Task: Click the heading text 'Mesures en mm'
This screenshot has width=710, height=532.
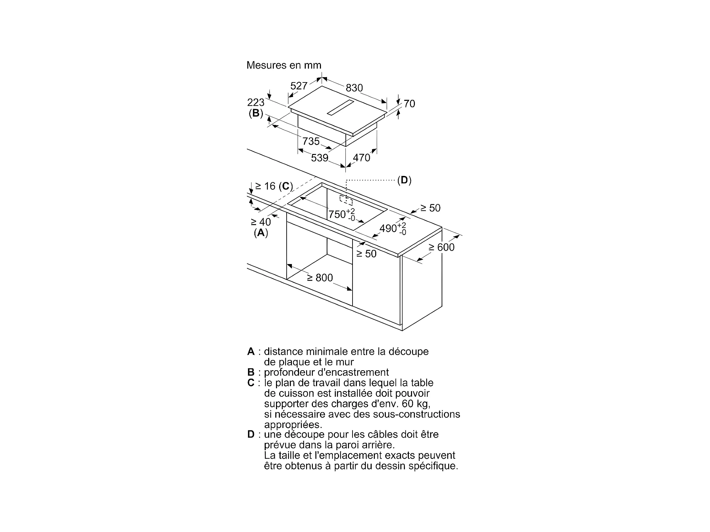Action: tap(284, 65)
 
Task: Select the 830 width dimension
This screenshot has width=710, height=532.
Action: tap(354, 88)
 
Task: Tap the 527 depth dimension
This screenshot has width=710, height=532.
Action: tap(299, 86)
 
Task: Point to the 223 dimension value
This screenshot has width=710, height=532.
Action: tap(256, 102)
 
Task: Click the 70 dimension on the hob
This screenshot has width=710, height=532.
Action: tap(409, 104)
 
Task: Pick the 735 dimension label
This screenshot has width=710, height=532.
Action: tap(311, 141)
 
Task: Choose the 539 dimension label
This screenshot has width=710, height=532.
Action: tap(320, 158)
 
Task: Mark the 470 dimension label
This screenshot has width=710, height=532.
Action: tap(361, 158)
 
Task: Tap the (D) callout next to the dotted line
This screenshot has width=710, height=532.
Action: tap(404, 180)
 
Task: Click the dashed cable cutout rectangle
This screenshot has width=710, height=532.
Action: tap(346, 200)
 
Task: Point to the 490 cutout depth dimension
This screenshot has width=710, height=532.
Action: tap(393, 229)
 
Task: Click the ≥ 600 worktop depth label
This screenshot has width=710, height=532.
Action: tap(441, 247)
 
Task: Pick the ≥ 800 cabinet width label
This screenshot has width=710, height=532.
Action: tap(320, 278)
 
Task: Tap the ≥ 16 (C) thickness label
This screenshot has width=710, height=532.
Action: tap(274, 186)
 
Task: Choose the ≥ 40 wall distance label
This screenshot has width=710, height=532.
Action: tap(261, 222)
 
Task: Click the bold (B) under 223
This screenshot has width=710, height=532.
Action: tap(256, 114)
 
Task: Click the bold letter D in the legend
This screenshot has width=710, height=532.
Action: tap(251, 434)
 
